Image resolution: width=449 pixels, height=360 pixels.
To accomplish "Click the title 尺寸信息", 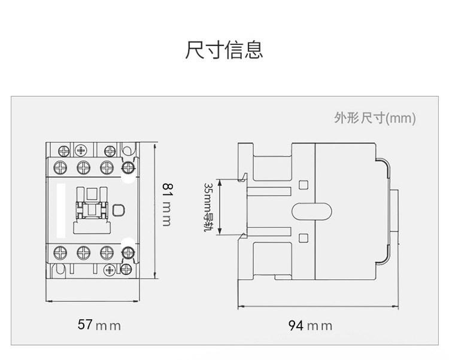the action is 224,50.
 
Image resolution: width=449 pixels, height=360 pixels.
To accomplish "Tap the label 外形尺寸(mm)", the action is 375,118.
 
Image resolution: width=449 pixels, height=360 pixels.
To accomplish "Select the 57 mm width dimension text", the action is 99,325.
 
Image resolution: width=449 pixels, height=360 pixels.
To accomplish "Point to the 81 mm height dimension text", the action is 168,205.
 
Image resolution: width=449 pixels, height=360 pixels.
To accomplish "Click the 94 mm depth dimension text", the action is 310,326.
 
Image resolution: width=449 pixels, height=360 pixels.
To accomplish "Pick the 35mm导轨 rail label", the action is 208,208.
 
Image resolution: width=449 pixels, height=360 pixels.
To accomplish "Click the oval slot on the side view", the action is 311,212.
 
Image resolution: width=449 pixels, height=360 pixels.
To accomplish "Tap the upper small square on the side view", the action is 304,185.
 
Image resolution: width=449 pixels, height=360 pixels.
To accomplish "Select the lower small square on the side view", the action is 304,238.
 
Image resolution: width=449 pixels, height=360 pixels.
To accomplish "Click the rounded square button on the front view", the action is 119,210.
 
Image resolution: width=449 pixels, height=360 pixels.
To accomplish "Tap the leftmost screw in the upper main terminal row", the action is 60,167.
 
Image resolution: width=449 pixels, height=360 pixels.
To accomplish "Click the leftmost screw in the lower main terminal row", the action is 60,252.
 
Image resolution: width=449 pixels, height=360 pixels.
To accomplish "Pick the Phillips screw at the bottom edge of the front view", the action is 110,270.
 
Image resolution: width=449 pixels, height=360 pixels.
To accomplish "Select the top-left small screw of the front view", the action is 63,151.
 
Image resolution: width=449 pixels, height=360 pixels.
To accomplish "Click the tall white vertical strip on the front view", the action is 61,210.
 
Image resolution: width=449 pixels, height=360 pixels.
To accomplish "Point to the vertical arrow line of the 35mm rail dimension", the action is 220,207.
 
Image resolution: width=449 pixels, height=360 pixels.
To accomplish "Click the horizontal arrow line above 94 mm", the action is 318,307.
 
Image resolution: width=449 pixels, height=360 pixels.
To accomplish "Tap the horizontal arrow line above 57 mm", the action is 92,301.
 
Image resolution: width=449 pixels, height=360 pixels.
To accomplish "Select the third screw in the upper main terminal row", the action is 107,167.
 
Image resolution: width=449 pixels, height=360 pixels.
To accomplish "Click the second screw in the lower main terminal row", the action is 84,252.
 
